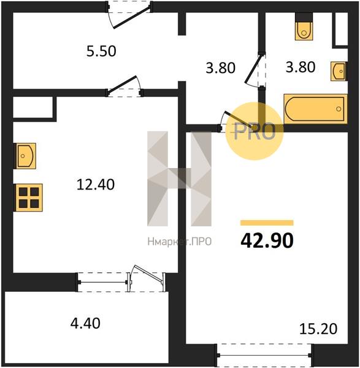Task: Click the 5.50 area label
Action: tap(101, 51)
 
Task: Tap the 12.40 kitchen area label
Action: tap(96, 185)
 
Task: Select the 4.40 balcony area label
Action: tap(85, 323)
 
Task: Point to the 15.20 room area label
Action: tap(318, 329)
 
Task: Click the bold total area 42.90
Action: tap(267, 241)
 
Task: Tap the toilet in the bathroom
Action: tap(304, 26)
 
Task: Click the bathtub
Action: tap(315, 109)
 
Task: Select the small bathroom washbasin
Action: tap(339, 71)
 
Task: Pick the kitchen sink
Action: tap(25, 156)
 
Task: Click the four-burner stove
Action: tap(29, 197)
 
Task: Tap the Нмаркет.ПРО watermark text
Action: tap(180, 242)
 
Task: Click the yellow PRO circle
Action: tap(255, 131)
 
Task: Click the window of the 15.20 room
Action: tap(264, 356)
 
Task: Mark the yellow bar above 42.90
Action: tap(267, 223)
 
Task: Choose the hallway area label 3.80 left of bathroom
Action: tap(220, 68)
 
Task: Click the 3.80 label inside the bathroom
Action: tap(301, 67)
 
